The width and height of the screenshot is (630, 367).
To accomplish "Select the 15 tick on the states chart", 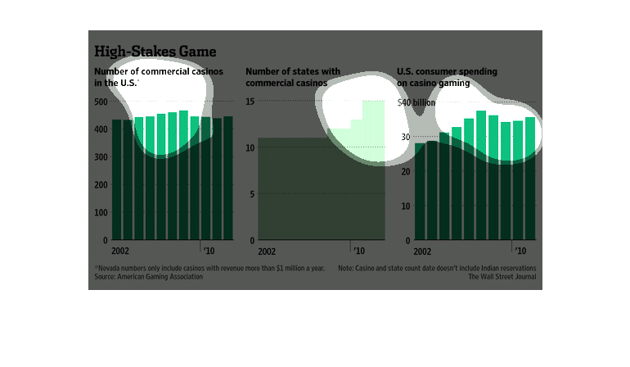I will tap(250, 102).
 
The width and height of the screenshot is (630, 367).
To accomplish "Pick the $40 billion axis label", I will tap(416, 102).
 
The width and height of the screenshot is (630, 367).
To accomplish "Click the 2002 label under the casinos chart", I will tap(120, 251).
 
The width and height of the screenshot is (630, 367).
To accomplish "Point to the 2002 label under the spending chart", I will tap(423, 251).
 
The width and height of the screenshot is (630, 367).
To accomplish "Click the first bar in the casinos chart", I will tap(117, 180).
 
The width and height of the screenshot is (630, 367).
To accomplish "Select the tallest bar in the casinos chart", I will tap(183, 175).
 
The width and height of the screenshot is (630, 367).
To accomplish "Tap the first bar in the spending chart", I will tap(420, 192).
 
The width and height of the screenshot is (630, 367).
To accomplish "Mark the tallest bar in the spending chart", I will tap(481, 175).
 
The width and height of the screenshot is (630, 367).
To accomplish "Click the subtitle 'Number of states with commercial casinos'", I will tap(293, 77).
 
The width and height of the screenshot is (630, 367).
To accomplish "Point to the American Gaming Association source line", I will tap(146, 277).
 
